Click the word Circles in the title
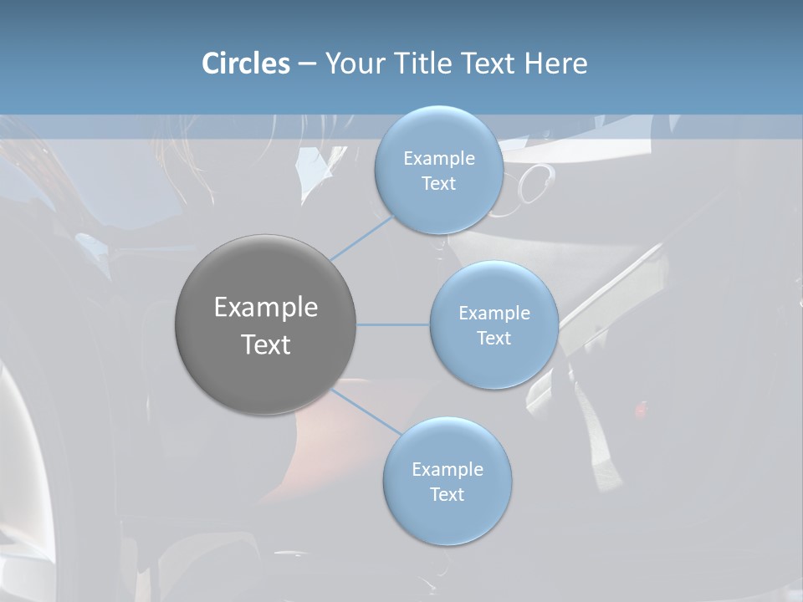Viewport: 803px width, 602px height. click(x=245, y=64)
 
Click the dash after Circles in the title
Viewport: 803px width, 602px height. click(x=307, y=64)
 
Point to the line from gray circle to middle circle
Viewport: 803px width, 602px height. click(x=392, y=324)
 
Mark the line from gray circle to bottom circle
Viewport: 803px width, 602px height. click(x=366, y=411)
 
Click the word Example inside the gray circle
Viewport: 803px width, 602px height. click(x=265, y=308)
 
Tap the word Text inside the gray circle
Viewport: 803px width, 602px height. click(x=265, y=344)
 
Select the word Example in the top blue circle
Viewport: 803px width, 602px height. click(x=438, y=159)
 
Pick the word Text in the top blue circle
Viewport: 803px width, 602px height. click(x=438, y=184)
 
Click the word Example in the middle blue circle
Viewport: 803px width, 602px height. click(x=494, y=314)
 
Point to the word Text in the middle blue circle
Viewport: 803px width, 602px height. click(x=494, y=339)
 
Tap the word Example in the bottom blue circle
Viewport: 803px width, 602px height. click(x=447, y=470)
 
